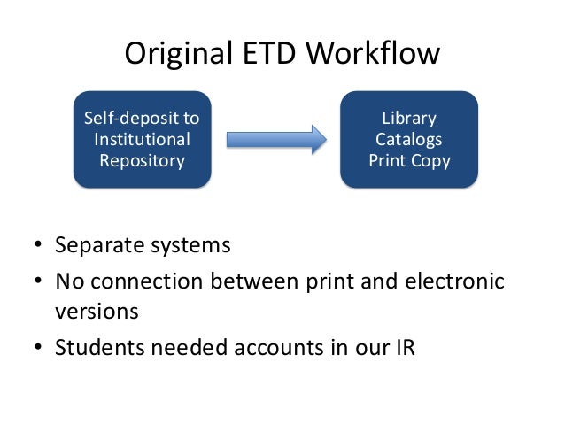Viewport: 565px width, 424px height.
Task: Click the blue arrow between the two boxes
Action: (x=277, y=140)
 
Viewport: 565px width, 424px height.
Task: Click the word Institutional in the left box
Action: (x=142, y=140)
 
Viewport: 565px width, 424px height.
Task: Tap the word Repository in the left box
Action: (x=142, y=161)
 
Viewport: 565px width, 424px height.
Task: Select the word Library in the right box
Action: (x=408, y=119)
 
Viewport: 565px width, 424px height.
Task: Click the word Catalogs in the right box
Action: (x=408, y=140)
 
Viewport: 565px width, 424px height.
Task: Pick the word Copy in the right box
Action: (x=430, y=161)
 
